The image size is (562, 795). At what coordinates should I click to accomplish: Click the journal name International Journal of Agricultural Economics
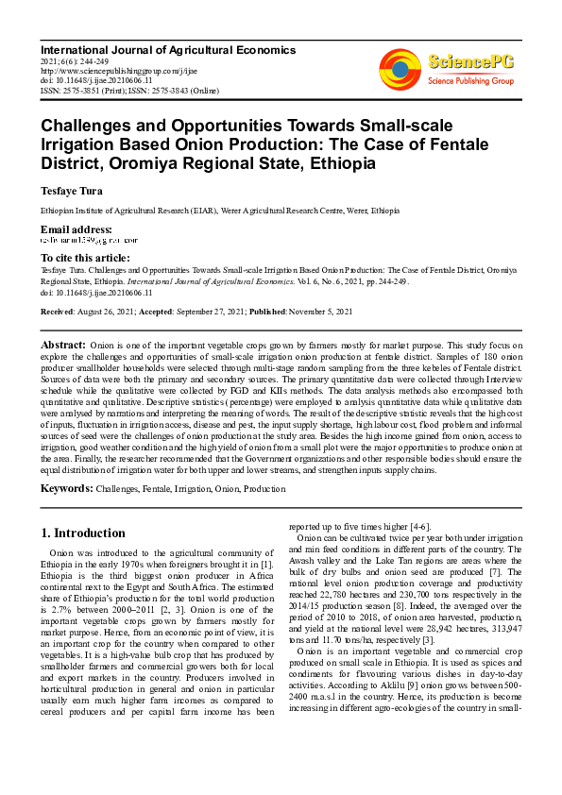(168, 49)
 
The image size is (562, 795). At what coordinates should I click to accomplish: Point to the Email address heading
(77, 229)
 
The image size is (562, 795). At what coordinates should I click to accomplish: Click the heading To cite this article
(85, 258)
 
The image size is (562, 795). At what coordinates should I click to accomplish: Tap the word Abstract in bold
(63, 346)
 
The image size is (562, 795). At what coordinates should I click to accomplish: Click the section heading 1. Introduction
(84, 533)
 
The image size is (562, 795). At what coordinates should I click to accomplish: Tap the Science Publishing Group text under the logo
(468, 81)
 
